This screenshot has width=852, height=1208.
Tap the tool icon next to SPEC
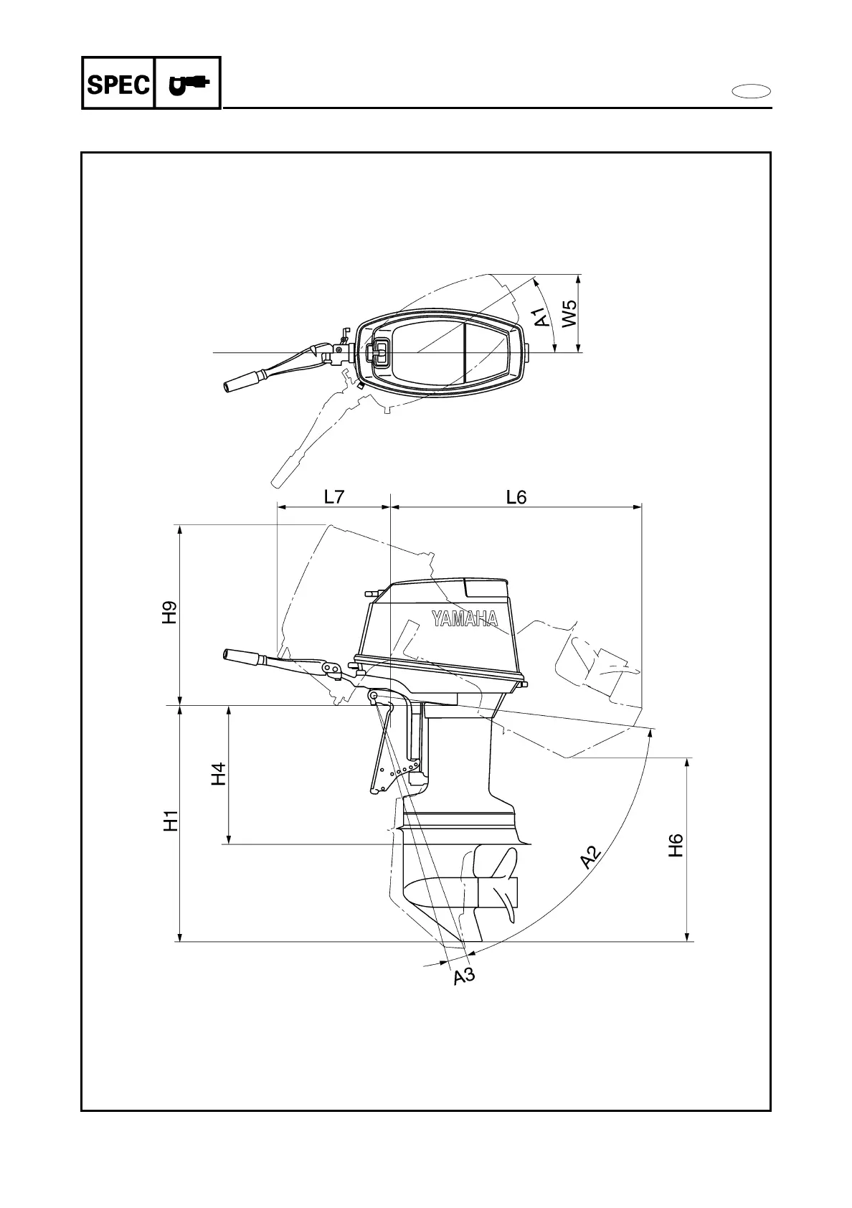[x=187, y=84]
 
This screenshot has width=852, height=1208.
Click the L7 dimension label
[x=334, y=497]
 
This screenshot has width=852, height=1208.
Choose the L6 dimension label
[x=516, y=497]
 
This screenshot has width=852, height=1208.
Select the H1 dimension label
[x=170, y=821]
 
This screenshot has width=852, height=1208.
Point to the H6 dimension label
[x=676, y=846]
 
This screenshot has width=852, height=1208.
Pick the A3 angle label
[x=464, y=976]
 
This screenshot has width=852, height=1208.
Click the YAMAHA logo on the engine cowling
[x=465, y=618]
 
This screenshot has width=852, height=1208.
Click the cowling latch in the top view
[x=378, y=351]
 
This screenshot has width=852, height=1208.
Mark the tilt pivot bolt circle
[x=373, y=696]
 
